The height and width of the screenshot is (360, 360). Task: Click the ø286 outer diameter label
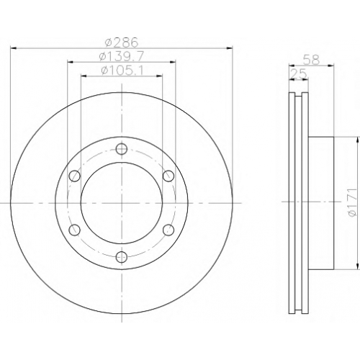(x=122, y=42)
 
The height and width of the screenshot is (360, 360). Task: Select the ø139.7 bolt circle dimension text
(x=122, y=57)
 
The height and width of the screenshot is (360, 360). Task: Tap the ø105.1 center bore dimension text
(x=122, y=71)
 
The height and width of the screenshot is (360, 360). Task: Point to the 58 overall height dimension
(x=311, y=60)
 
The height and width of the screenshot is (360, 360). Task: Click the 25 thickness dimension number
(x=298, y=73)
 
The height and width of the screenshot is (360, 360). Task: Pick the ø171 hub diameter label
(x=353, y=203)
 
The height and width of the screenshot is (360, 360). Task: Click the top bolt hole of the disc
(x=122, y=149)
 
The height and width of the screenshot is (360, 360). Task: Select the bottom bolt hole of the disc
(x=122, y=257)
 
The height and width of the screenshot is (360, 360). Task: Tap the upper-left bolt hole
(x=74, y=176)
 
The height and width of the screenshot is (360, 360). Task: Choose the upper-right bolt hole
(x=168, y=176)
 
